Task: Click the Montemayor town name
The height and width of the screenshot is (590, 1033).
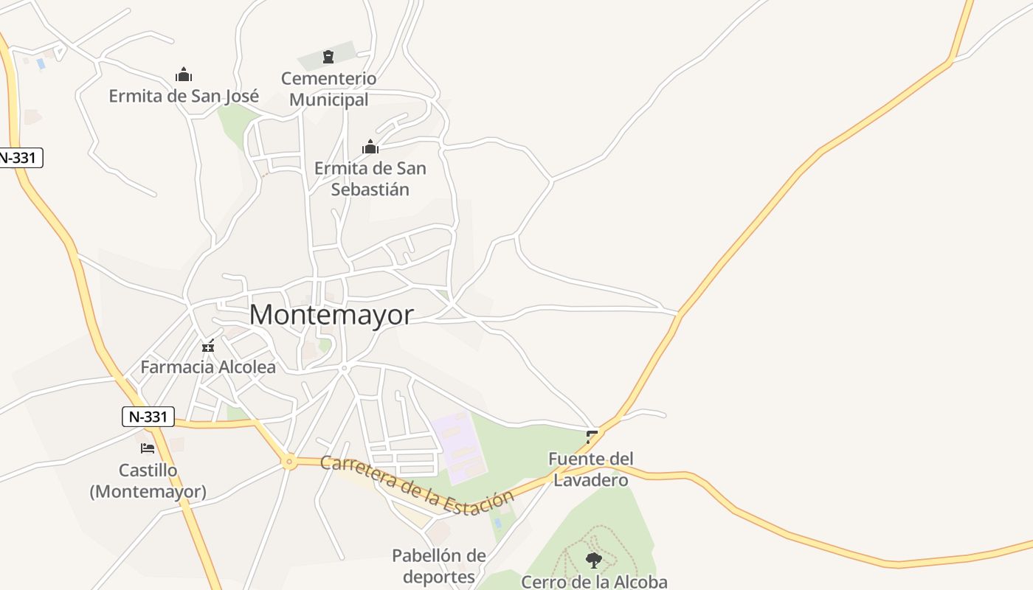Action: click(331, 315)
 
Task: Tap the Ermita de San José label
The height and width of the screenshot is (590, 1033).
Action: click(184, 96)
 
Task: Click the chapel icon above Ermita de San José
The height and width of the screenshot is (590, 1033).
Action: click(184, 74)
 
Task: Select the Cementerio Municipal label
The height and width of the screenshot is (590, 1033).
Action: click(329, 88)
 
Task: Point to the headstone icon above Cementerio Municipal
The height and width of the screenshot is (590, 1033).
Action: click(328, 57)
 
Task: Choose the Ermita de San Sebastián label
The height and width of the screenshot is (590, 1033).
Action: click(370, 178)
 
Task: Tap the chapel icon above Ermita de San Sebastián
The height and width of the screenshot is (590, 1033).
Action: click(370, 147)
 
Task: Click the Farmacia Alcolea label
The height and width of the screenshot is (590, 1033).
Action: click(208, 367)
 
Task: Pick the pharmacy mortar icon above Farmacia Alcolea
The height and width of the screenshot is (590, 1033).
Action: click(208, 345)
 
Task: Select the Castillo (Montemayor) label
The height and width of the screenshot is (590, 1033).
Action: click(148, 481)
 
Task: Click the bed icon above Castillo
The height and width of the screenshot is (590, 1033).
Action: click(148, 448)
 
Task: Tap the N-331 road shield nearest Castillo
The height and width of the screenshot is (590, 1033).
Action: click(148, 417)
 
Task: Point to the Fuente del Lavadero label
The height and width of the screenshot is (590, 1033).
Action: click(590, 470)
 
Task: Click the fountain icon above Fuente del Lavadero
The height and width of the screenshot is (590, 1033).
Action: click(592, 437)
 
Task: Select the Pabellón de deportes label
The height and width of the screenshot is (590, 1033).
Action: click(439, 566)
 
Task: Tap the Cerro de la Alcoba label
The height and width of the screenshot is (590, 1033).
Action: click(594, 582)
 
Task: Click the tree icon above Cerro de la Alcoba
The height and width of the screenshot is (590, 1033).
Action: click(593, 560)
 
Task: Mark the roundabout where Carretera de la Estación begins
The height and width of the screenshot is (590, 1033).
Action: click(289, 462)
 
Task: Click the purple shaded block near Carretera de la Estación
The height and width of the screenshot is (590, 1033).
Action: click(459, 446)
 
